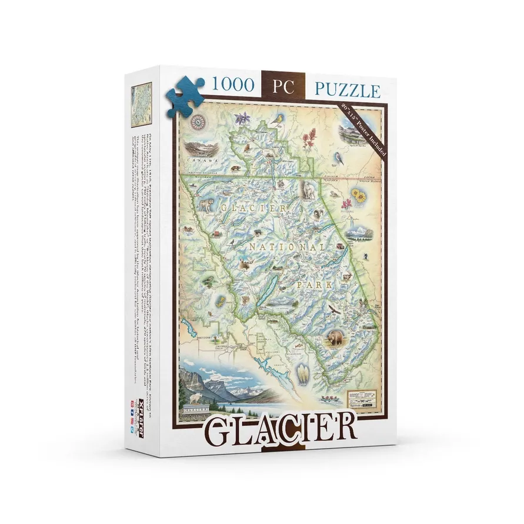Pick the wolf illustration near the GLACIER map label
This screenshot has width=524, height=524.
point(204,205)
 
